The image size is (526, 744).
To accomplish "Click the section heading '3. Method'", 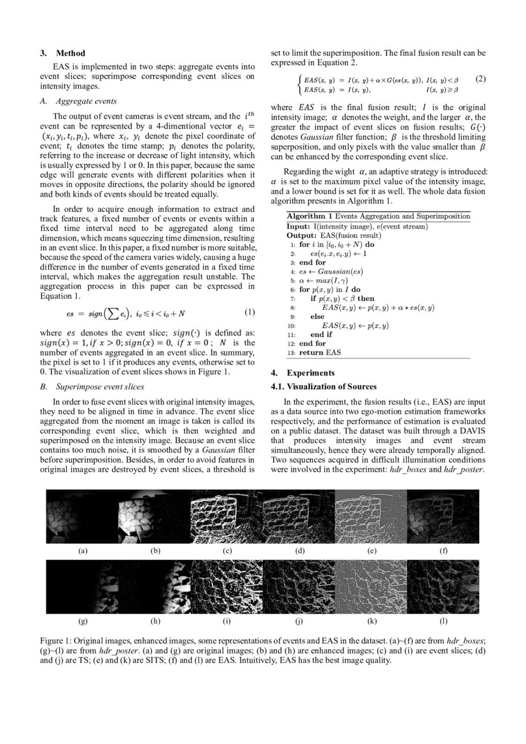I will tap(62, 53).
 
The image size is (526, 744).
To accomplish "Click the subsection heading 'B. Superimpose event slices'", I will tap(93, 386).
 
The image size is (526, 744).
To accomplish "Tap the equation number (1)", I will tap(249, 312).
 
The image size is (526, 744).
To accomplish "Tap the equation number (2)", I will tap(480, 80).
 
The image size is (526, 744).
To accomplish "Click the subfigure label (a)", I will tap(83, 551).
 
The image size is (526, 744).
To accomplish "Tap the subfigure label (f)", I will tap(444, 551).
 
